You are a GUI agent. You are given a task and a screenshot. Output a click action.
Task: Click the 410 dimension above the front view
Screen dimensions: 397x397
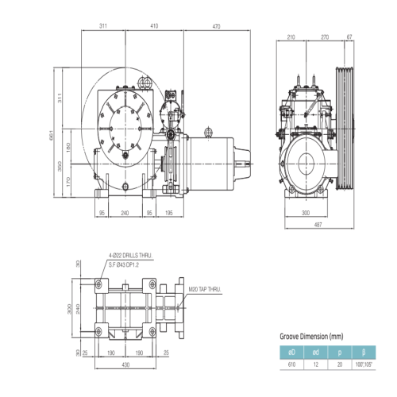coord(154,26)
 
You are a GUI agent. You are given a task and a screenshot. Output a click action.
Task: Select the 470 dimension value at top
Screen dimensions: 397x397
coord(216,26)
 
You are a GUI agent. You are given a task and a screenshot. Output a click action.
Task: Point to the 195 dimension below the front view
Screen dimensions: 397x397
coord(169,213)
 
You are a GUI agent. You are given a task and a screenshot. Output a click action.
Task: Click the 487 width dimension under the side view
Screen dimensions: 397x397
coord(318,225)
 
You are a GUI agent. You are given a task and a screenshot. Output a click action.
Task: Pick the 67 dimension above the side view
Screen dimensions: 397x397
coord(349,37)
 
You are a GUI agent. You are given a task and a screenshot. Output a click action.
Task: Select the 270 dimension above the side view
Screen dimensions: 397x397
coord(325,37)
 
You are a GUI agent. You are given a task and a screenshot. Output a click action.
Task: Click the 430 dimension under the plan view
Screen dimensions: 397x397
coord(125,364)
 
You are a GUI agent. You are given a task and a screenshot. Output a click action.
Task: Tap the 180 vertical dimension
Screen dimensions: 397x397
coord(68,148)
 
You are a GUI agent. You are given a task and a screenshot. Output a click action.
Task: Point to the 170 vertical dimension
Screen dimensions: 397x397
coord(68,182)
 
